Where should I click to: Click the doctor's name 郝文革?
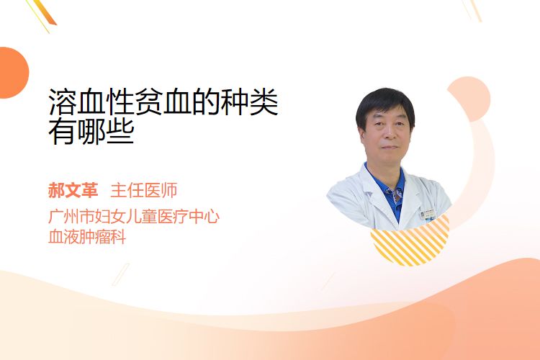click(x=73, y=190)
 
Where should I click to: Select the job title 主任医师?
click(x=143, y=190)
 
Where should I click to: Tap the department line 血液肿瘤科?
click(x=87, y=237)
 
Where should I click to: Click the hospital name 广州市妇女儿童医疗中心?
click(x=134, y=217)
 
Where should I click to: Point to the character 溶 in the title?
click(x=63, y=102)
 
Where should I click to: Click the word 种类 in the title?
click(x=249, y=102)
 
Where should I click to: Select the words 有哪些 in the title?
click(x=91, y=132)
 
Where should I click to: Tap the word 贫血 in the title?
click(x=163, y=102)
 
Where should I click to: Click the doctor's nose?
click(x=389, y=134)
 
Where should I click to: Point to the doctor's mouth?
click(x=390, y=147)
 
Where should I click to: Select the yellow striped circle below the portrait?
click(x=410, y=246)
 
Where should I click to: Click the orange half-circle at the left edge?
click(x=14, y=73)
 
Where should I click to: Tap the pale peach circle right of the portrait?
click(x=469, y=99)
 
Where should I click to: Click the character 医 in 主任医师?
click(x=152, y=190)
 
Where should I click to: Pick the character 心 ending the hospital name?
click(x=212, y=217)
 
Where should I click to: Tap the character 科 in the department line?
click(x=119, y=237)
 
